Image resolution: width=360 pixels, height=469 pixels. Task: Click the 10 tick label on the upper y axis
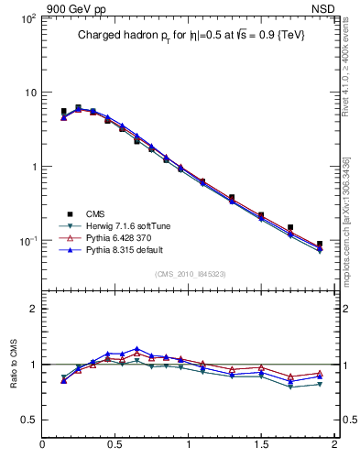(x=28, y=93)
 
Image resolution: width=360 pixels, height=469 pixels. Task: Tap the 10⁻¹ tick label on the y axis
(x=26, y=241)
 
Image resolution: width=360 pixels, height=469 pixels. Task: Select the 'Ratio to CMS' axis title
(x=14, y=364)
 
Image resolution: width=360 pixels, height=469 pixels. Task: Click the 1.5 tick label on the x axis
(x=261, y=445)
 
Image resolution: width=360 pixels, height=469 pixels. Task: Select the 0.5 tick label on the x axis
(x=115, y=445)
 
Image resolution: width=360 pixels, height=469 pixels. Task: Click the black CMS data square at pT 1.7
(x=290, y=227)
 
